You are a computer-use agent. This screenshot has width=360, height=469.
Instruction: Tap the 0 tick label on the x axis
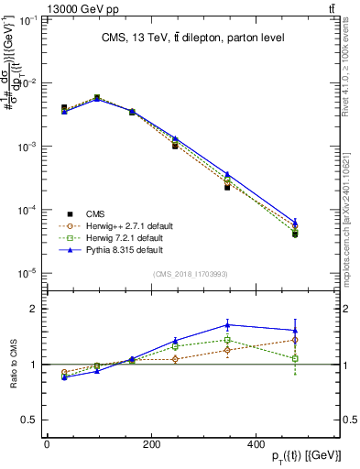[x=47, y=444]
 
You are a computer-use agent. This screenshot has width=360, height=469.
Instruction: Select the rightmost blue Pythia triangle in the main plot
[x=295, y=221]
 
